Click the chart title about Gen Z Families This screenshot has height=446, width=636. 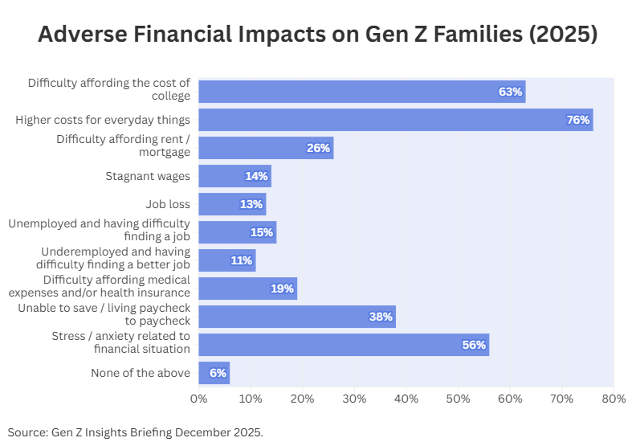318,35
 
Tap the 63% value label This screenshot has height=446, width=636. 510,92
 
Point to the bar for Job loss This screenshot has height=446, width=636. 231,204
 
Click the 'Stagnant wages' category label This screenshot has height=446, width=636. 148,176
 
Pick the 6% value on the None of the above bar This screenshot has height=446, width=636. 218,373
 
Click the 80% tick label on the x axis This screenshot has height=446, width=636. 614,398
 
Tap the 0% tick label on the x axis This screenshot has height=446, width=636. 198,398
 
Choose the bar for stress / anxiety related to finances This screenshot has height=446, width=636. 343,345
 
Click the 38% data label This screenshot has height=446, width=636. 380,317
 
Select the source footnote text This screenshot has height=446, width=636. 136,432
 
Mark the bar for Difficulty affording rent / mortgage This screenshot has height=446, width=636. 265,148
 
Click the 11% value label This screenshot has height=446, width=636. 241,260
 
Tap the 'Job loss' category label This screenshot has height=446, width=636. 168,204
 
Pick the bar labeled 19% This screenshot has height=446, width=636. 247,288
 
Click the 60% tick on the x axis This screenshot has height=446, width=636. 510,398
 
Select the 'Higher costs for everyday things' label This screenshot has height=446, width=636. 103,120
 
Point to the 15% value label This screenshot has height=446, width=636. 262,232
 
